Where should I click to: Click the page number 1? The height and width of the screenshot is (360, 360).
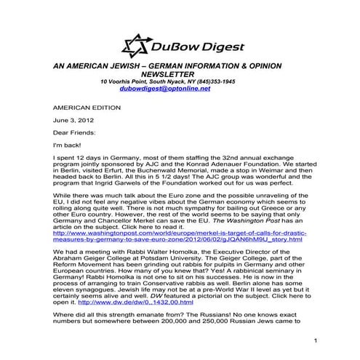click(x=317, y=341)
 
